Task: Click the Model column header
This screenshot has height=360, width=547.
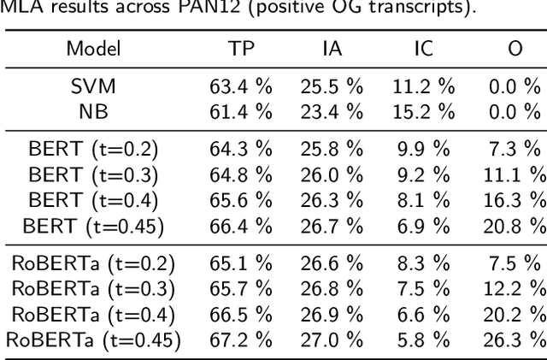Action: click(x=93, y=48)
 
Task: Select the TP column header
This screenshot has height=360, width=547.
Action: click(x=241, y=48)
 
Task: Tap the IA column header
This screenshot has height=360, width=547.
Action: click(x=332, y=48)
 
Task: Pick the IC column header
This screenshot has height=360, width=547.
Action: click(x=423, y=48)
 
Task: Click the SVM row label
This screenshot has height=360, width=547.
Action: click(x=93, y=86)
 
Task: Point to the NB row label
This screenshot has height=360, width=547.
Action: click(x=93, y=110)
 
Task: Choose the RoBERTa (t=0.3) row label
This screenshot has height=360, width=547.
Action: click(x=93, y=290)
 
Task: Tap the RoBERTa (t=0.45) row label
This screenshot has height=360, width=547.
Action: click(x=93, y=339)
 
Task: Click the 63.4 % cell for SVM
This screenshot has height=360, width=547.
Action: click(x=241, y=86)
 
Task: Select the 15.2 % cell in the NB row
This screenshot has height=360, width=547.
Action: click(x=423, y=110)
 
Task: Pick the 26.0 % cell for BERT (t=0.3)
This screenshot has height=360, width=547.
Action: click(x=332, y=175)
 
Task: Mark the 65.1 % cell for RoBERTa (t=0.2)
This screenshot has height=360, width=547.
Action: click(x=241, y=265)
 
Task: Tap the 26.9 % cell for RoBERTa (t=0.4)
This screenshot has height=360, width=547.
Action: click(x=332, y=315)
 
